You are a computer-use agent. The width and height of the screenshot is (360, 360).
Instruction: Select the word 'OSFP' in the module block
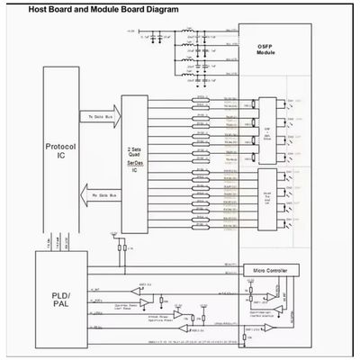264,47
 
